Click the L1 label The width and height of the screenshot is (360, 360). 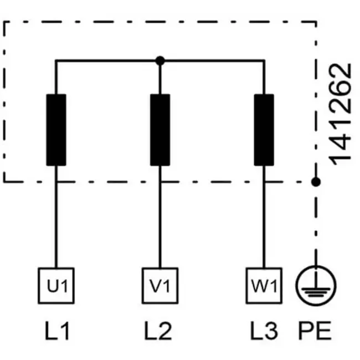(57, 331)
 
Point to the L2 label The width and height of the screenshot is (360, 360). (158, 331)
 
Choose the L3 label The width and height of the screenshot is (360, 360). (264, 331)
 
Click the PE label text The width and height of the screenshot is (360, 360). (315, 331)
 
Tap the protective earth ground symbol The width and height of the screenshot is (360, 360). (316, 286)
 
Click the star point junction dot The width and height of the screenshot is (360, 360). (160, 61)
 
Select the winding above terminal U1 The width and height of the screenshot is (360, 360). (56, 130)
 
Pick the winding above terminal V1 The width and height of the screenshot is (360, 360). (160, 130)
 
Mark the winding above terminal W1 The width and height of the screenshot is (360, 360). (264, 130)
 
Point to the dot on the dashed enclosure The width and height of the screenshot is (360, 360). (316, 182)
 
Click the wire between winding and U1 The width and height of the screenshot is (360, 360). (56, 217)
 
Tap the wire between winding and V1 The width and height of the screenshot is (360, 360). (160, 217)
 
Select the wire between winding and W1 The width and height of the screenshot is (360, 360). (264, 217)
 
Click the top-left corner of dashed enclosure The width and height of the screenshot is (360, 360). (4, 22)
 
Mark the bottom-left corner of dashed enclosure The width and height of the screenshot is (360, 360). (4, 182)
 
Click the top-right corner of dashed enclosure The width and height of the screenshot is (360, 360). (316, 22)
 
